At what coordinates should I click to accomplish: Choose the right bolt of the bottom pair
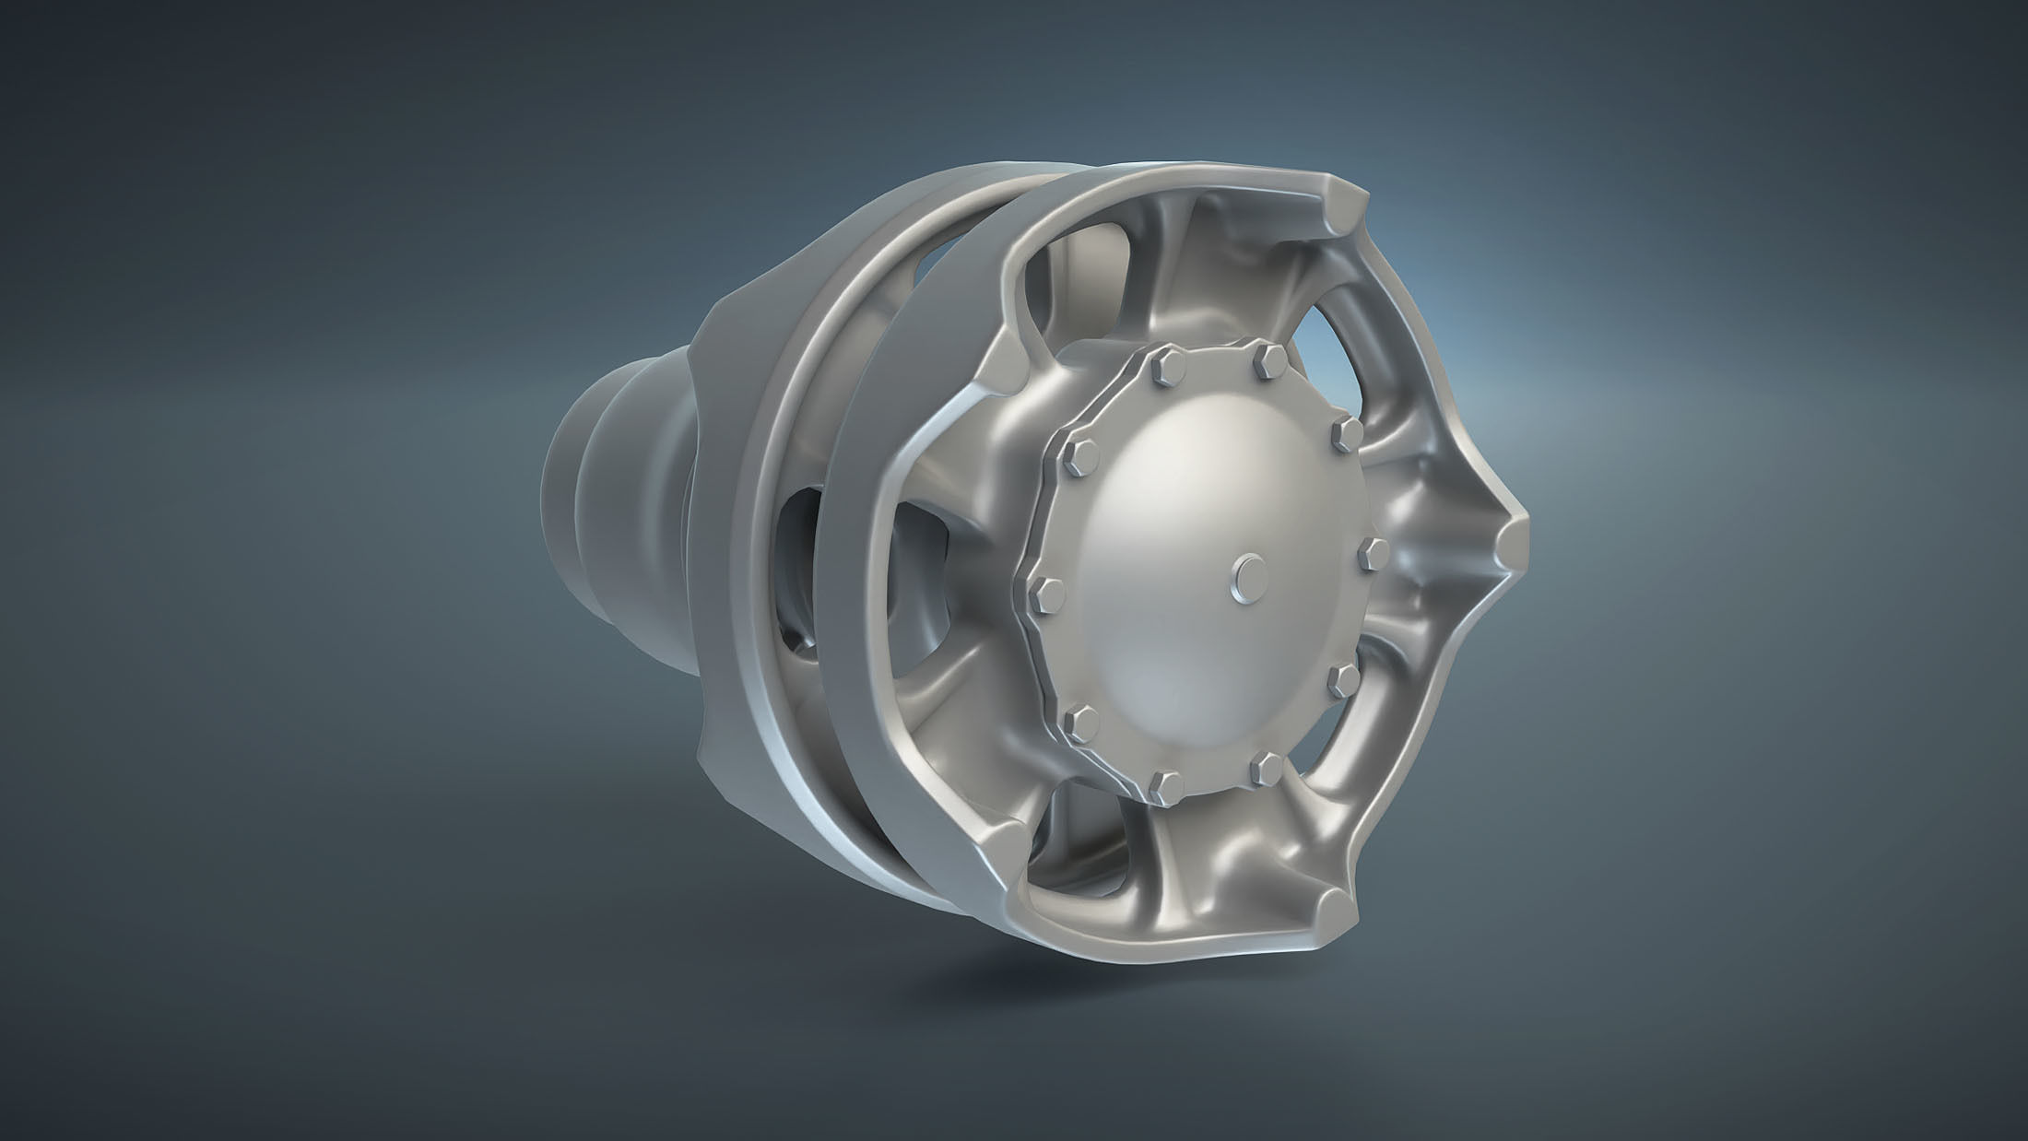pyautogui.click(x=1267, y=768)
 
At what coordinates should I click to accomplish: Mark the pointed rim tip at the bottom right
pyautogui.click(x=1335, y=916)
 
